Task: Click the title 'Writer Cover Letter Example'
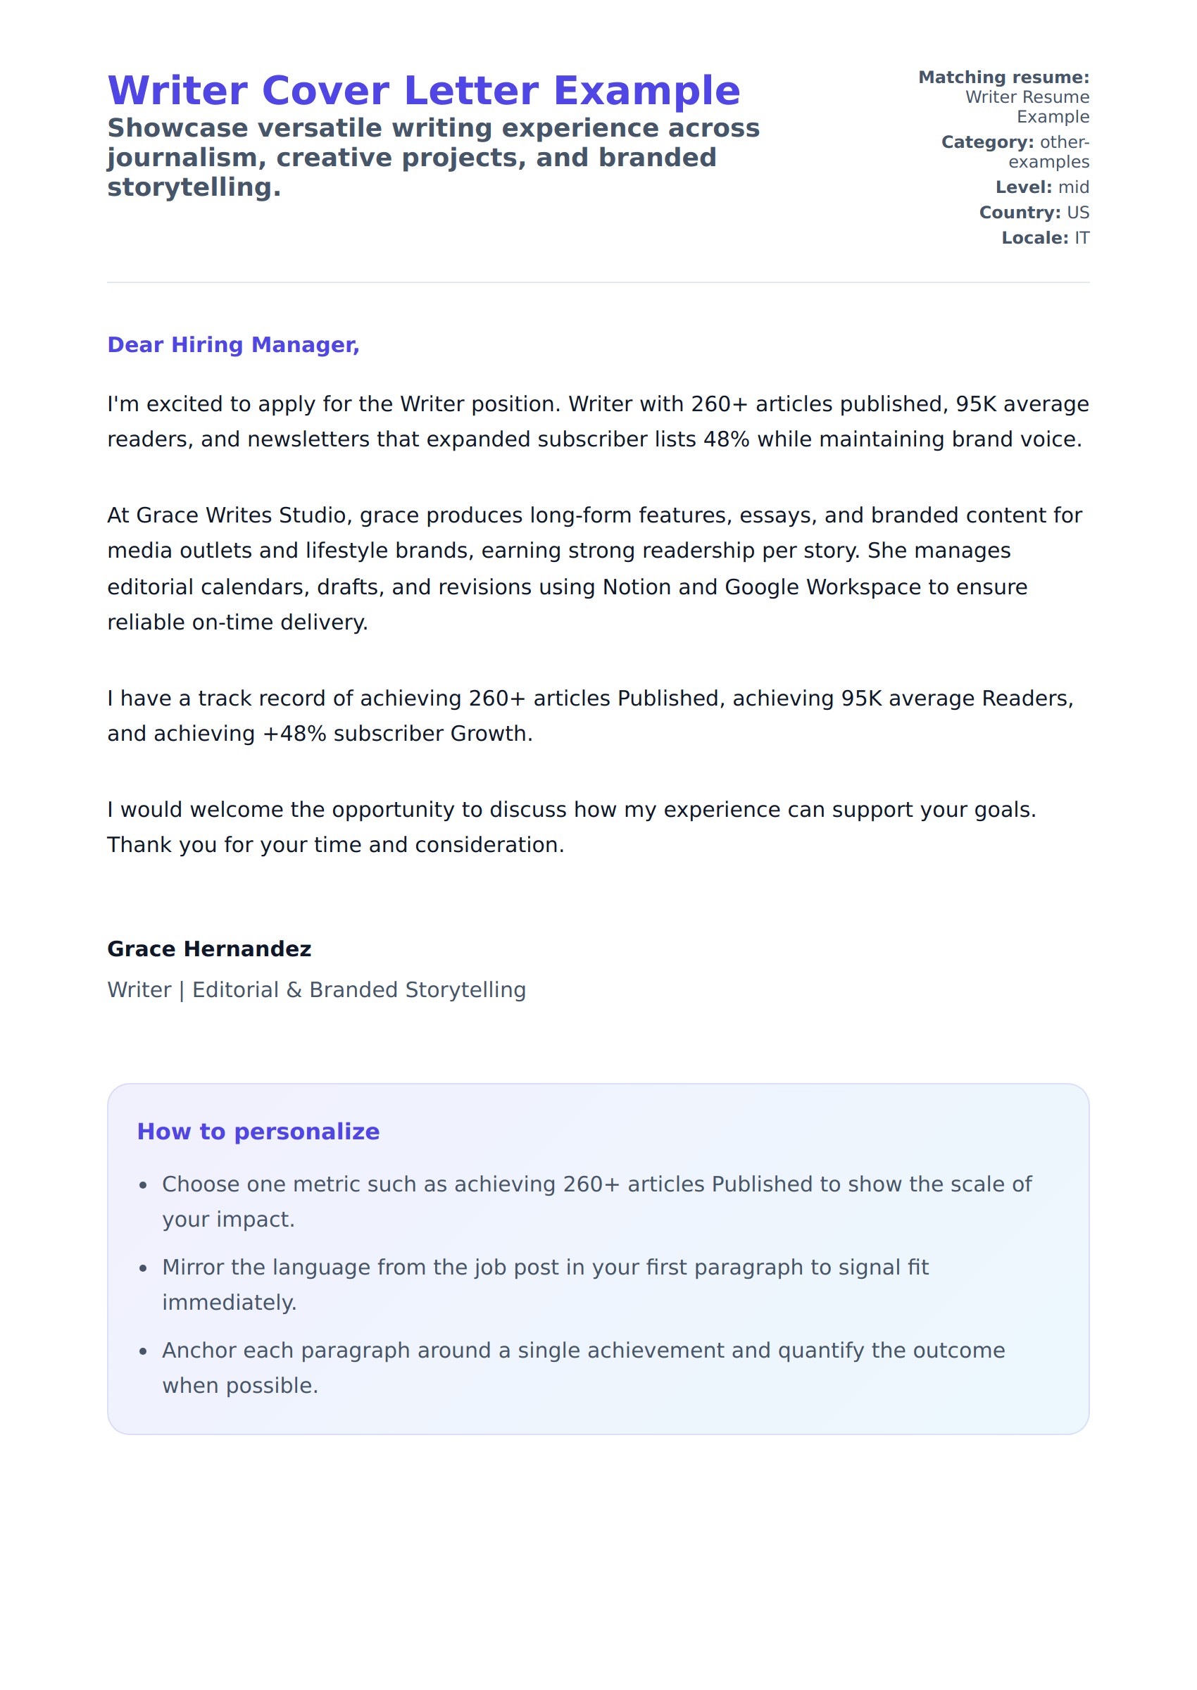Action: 424,91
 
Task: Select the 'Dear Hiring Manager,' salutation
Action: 233,345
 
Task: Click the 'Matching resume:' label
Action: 1003,77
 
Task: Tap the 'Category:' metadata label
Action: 987,142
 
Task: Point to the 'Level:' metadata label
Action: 1023,187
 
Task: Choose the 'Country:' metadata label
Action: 1020,212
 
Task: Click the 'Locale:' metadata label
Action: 1034,238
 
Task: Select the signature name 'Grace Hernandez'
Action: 209,949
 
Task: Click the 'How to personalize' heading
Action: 258,1132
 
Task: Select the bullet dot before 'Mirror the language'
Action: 144,1268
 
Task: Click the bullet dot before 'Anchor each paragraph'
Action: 144,1352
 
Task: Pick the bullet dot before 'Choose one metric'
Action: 144,1185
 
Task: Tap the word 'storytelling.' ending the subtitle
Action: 194,188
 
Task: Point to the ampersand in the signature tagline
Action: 294,990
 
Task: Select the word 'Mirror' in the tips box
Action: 193,1267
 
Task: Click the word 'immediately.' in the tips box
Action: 230,1303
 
